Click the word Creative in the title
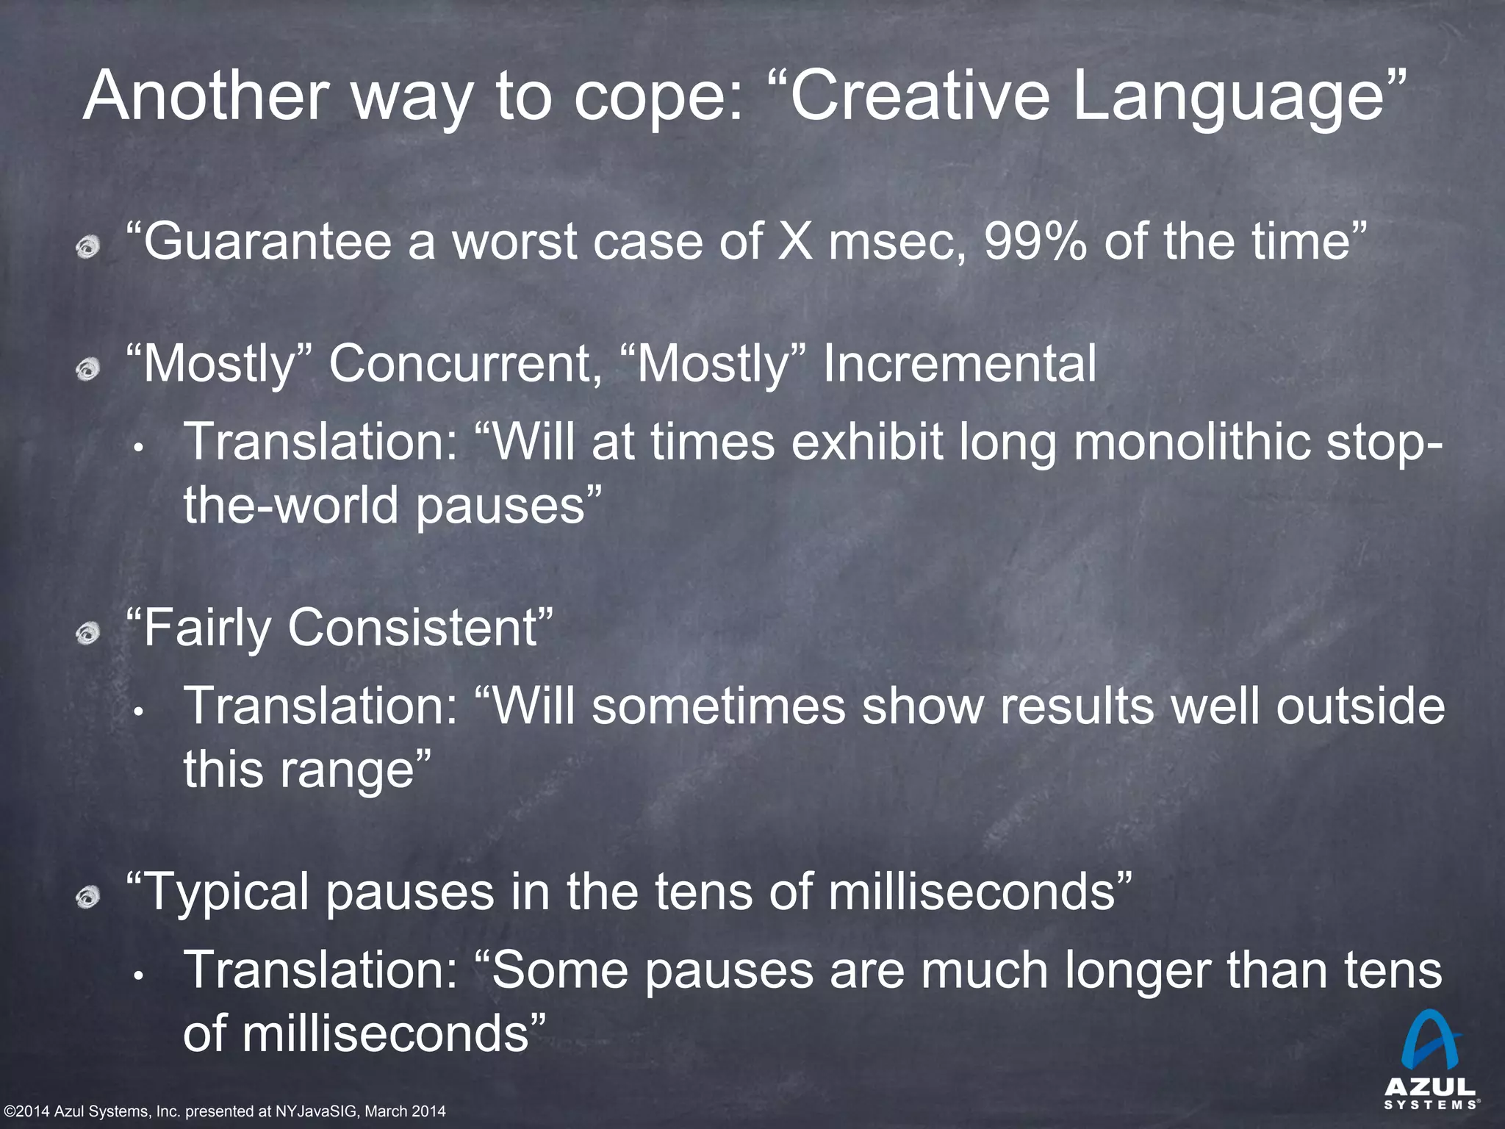pos(919,96)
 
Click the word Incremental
pos(959,364)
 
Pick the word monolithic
pos(1192,442)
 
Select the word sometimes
pos(718,706)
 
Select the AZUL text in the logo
pos(1430,1086)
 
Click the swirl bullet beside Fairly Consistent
pos(88,632)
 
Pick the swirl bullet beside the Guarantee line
pos(88,246)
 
